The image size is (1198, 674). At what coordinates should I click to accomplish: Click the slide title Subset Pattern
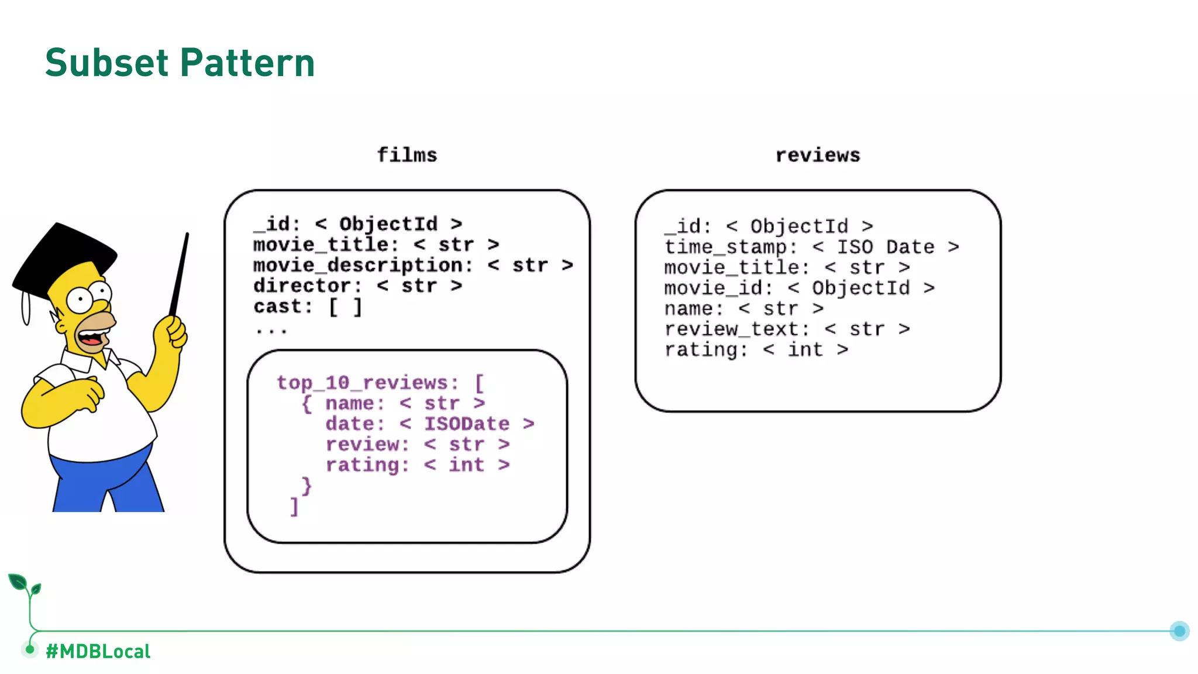180,63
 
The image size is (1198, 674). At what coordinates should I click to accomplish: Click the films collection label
407,155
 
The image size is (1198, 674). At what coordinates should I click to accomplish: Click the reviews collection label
817,155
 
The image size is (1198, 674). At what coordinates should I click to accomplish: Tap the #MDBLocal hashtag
98,651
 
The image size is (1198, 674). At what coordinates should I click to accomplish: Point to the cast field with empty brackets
308,306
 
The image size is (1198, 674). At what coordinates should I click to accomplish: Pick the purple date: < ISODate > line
429,424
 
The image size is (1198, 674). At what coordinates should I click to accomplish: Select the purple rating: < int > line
417,465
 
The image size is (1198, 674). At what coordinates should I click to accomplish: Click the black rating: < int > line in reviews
755,349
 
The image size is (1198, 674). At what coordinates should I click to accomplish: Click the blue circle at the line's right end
1179,631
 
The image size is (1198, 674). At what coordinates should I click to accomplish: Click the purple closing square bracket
294,506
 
